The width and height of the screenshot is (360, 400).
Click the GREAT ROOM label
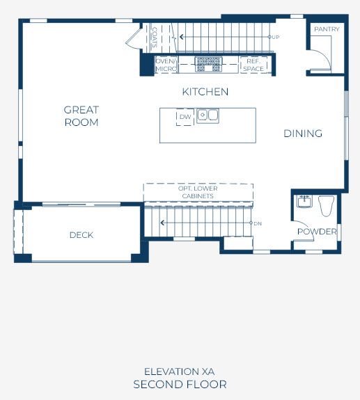coord(81,116)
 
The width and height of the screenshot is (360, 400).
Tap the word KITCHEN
coord(205,92)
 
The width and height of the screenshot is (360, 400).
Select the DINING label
coord(303,134)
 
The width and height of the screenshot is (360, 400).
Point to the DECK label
coord(81,235)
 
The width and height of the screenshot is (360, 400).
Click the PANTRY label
coord(327,29)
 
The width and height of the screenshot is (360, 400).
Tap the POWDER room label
coord(317,232)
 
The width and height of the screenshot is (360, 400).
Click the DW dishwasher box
coord(185,117)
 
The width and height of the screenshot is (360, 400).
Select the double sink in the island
coord(208,115)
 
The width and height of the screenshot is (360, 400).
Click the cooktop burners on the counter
coord(208,64)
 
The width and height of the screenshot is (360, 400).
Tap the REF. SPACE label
coord(253,65)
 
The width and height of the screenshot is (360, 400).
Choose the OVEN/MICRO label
coord(166,65)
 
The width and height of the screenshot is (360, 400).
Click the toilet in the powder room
coord(327,206)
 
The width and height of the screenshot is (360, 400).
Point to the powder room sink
coord(304,202)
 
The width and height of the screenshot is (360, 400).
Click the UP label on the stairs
coord(276,38)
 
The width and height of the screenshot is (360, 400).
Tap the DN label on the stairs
coord(258,224)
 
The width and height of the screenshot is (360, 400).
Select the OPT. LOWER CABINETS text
coord(198,192)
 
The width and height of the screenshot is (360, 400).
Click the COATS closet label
coord(155,38)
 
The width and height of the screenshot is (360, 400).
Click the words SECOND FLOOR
coord(180,385)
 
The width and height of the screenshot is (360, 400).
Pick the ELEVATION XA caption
coord(179,371)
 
